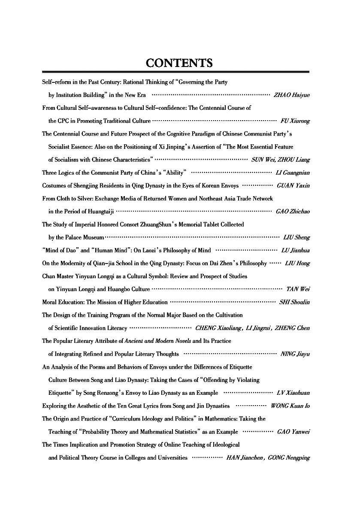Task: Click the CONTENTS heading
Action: (x=179, y=63)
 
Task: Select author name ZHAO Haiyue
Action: (x=291, y=95)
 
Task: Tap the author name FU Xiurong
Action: (x=295, y=121)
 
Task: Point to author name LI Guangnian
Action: (x=292, y=173)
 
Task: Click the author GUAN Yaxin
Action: (x=293, y=185)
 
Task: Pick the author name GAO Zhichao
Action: (x=293, y=212)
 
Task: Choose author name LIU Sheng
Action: (x=296, y=237)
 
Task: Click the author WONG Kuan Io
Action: (x=290, y=406)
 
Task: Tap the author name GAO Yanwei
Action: (x=293, y=432)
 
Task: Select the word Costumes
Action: (x=54, y=185)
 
